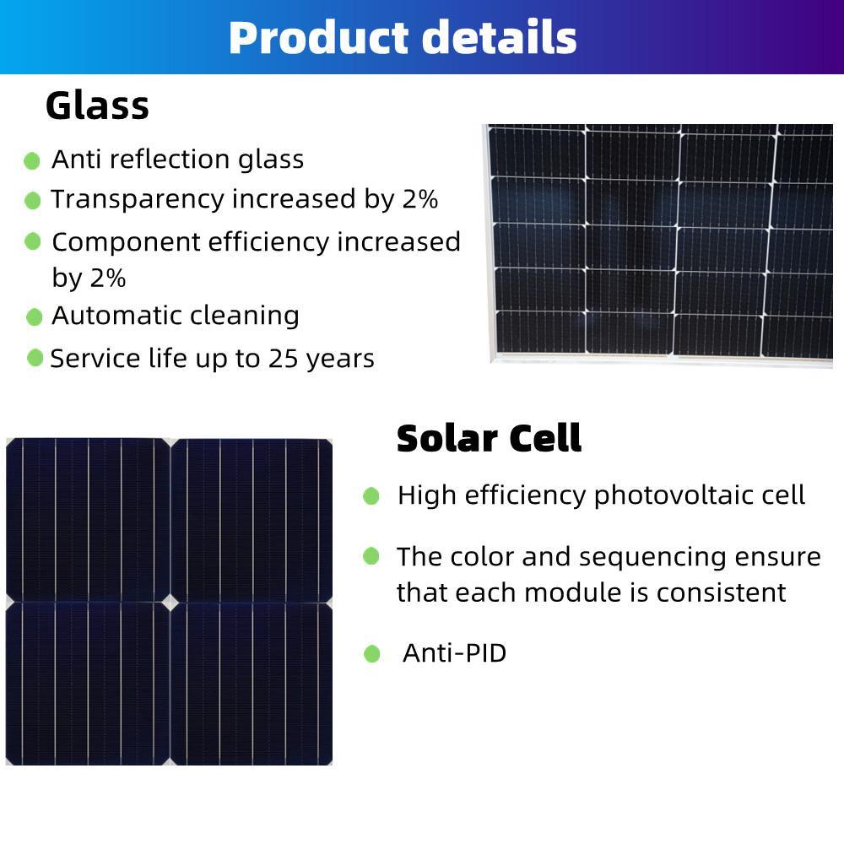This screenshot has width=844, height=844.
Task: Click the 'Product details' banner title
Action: [403, 38]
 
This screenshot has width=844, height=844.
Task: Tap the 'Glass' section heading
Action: [97, 106]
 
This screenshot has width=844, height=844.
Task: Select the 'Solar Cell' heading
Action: [489, 439]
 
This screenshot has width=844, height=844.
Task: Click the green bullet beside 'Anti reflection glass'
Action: [32, 160]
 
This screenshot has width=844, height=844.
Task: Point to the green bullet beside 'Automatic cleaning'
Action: [34, 317]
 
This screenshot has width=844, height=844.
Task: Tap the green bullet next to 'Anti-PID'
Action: [372, 654]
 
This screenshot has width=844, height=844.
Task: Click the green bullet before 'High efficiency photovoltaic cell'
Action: [371, 496]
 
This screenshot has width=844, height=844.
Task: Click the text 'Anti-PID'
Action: [454, 653]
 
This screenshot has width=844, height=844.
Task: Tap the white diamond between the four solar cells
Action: [170, 603]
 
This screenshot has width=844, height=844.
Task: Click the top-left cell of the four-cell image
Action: [87, 518]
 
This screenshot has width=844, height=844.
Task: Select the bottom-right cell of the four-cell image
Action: [252, 684]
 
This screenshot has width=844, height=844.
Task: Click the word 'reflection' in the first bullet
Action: [174, 160]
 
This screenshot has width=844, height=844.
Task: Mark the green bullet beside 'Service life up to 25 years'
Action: [35, 358]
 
